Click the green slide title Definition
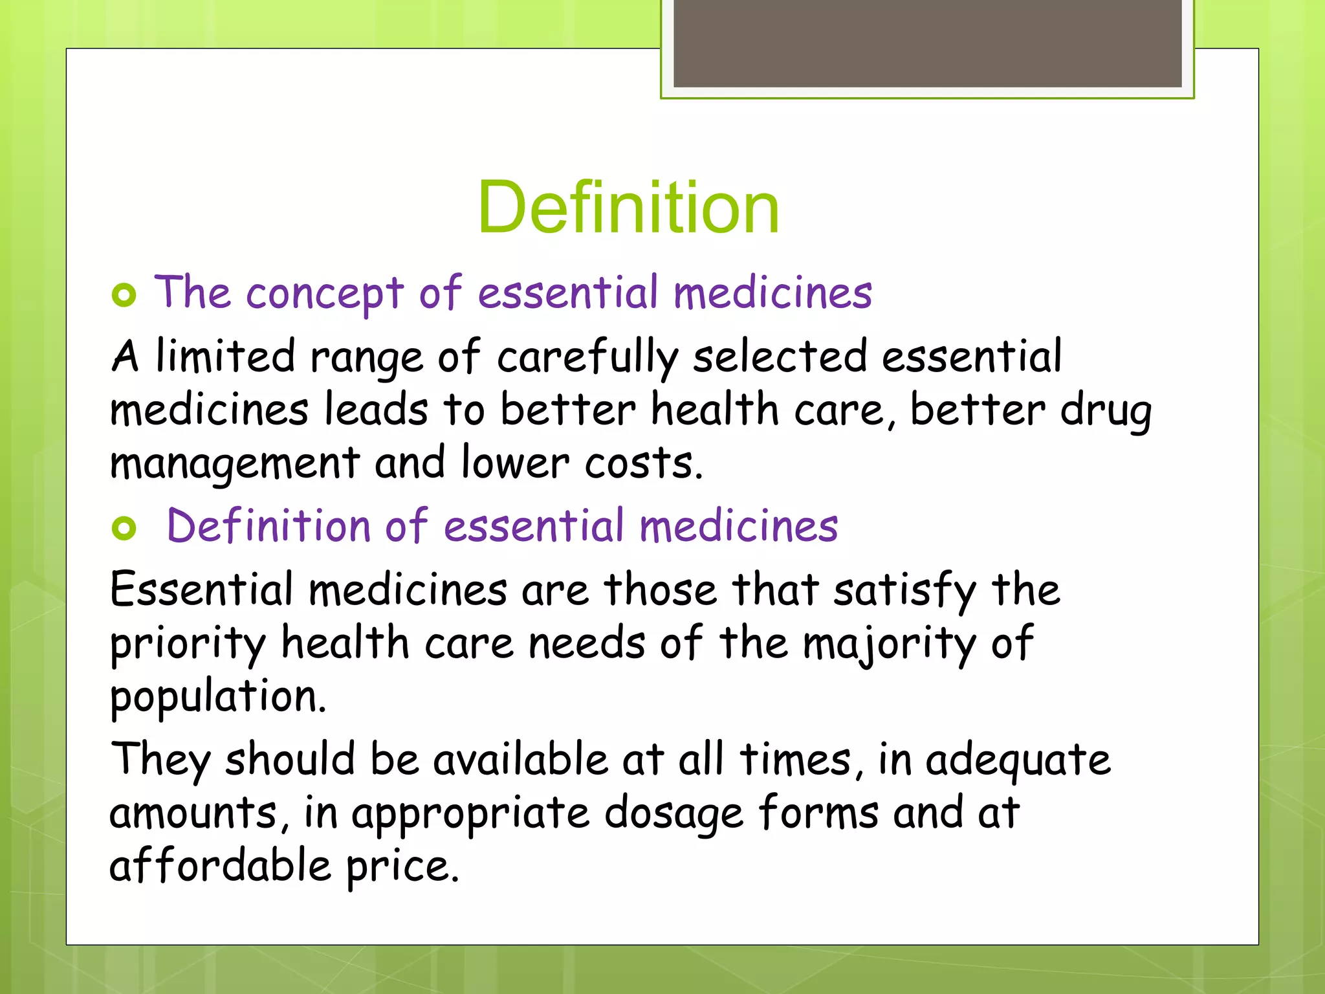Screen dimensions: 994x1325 point(628,208)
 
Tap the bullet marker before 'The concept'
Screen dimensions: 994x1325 point(124,295)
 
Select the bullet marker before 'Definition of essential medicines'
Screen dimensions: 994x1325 point(124,528)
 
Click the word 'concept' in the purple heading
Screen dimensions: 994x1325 point(325,294)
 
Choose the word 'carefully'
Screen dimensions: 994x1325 point(587,358)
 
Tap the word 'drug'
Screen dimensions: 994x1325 point(1106,412)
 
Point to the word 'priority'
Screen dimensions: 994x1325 point(188,645)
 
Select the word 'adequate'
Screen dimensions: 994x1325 point(1018,760)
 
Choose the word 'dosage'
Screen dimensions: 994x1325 point(673,814)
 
